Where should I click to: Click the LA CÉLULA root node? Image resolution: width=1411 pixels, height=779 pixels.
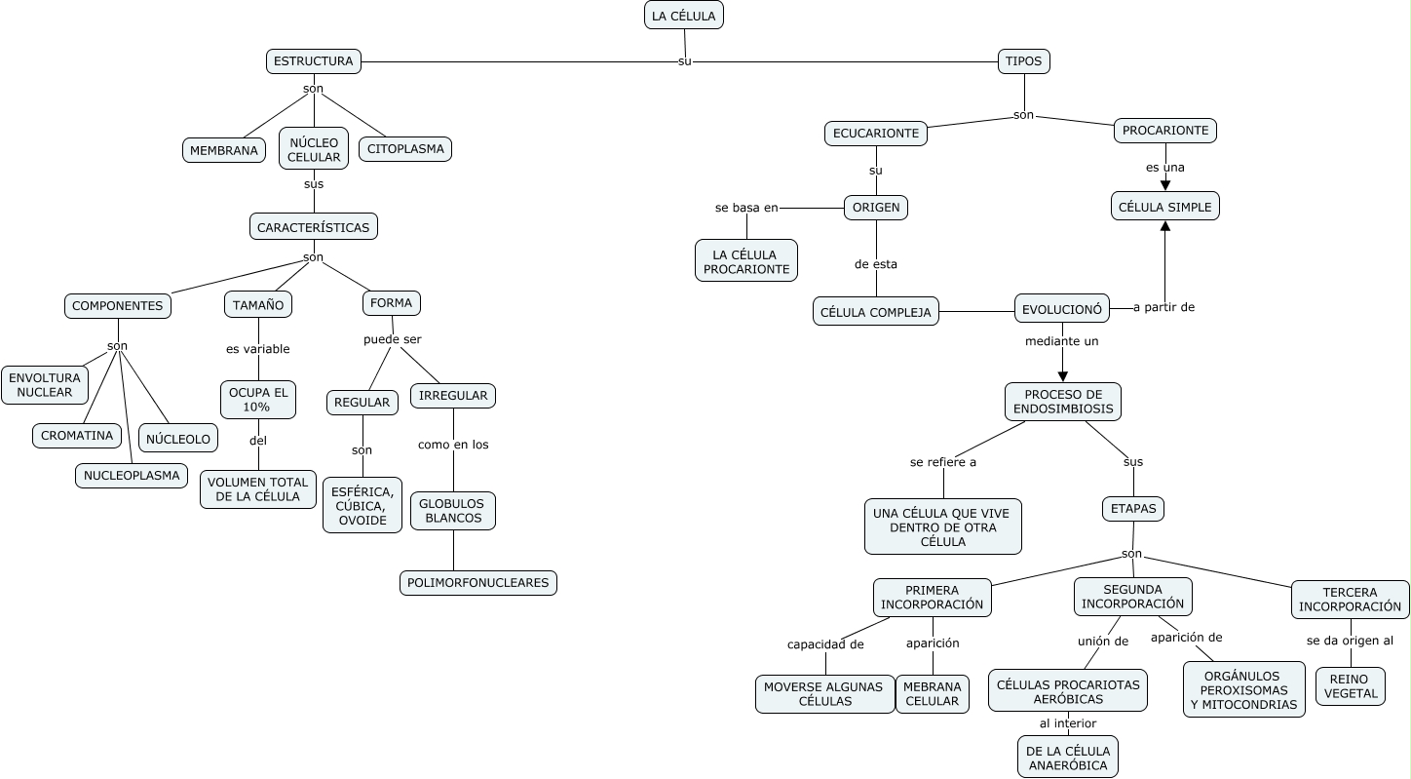click(684, 16)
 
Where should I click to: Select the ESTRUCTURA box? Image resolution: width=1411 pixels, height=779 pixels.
click(314, 61)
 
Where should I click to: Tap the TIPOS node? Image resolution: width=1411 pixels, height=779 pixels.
click(1023, 61)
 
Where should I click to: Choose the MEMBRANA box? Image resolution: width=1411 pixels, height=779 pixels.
click(224, 150)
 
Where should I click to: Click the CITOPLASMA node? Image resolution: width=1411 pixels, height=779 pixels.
click(405, 149)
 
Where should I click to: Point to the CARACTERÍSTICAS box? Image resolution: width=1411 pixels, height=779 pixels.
click(314, 227)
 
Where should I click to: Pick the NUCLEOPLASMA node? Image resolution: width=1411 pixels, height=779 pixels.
click(132, 476)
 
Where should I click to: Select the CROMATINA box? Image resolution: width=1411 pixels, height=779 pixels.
click(77, 436)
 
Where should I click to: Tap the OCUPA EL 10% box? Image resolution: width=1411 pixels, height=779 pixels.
click(258, 400)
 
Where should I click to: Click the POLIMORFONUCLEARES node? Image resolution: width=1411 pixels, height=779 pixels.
click(478, 583)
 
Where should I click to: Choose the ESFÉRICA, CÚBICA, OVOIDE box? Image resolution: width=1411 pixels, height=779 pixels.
click(362, 505)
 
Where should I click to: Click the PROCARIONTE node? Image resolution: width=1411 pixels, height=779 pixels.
click(1165, 130)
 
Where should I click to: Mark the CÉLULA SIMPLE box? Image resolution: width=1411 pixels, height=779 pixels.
click(1165, 207)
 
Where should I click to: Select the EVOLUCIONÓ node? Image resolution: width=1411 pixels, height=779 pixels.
click(1062, 309)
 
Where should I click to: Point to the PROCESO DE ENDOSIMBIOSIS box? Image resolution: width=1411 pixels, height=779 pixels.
click(1063, 402)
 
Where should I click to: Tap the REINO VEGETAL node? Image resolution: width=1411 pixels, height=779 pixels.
click(1351, 686)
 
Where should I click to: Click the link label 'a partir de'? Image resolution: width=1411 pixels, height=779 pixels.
click(1164, 307)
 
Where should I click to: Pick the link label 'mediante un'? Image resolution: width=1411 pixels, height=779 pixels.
click(1062, 341)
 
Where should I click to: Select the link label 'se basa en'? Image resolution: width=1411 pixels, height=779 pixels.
click(746, 208)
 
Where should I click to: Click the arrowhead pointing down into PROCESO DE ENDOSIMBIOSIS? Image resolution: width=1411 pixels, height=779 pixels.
click(1063, 375)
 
